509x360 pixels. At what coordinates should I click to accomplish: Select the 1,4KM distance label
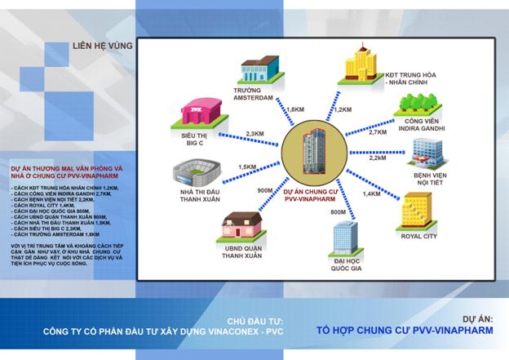(x=371, y=195)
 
